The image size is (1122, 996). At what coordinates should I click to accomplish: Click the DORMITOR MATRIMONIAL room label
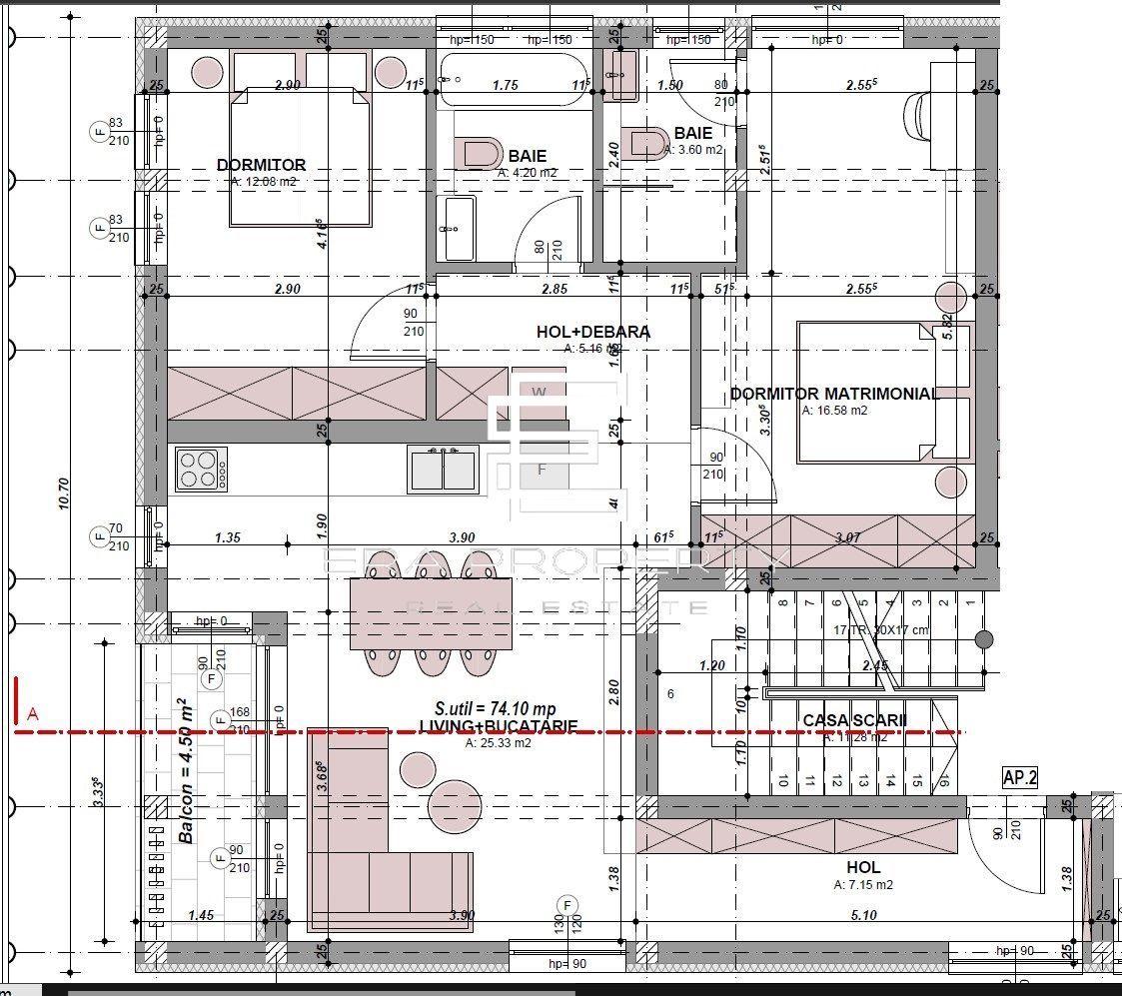834,394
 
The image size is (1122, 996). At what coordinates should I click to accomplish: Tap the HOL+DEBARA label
593,332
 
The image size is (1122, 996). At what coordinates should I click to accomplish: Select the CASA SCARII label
854,720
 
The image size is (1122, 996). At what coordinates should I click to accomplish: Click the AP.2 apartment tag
1019,777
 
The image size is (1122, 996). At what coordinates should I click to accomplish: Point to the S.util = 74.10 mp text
490,708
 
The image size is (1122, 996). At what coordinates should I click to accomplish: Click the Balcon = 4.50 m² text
186,770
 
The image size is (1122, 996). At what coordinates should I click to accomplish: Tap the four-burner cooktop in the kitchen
200,470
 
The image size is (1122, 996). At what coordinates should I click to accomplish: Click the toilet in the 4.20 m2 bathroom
479,151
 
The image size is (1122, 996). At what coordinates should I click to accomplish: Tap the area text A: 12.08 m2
264,182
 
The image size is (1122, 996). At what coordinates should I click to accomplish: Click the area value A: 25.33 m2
498,742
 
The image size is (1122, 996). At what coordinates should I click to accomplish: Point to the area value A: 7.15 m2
863,885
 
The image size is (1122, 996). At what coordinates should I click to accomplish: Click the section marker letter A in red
33,713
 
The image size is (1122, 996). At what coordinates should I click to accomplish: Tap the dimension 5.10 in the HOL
862,914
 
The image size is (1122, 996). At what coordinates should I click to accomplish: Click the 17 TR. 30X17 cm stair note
879,629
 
